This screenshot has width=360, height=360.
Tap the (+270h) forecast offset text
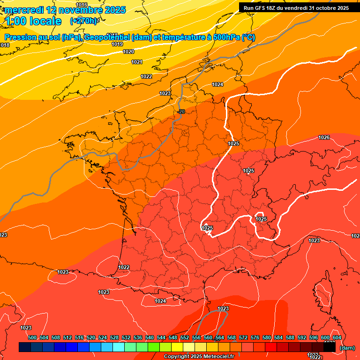(x=83, y=21)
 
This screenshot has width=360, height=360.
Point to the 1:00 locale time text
(x=33, y=21)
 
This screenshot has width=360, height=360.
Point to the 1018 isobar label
(x=5, y=45)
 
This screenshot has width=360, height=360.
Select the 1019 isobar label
(x=117, y=44)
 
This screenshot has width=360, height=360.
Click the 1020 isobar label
(x=128, y=52)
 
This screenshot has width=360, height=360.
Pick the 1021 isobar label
(x=137, y=62)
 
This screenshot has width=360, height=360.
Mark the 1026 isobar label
(x=324, y=137)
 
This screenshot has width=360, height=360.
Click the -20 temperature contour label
(x=181, y=111)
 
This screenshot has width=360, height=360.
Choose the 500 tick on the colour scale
(x=32, y=337)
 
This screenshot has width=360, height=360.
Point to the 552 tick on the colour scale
(x=185, y=337)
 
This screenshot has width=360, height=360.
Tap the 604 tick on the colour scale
(x=337, y=337)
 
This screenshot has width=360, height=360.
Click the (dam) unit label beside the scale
(x=347, y=347)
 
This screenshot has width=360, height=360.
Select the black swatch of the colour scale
(x=330, y=347)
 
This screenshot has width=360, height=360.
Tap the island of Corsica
(x=323, y=293)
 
